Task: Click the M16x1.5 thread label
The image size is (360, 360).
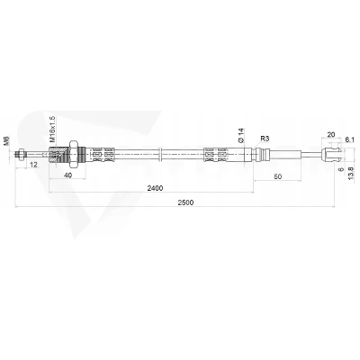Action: coord(52,129)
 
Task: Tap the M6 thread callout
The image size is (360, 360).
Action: coord(6,141)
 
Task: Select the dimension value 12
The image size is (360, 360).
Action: coord(34,165)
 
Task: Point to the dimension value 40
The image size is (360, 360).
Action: coord(68,175)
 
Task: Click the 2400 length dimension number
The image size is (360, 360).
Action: coord(155,188)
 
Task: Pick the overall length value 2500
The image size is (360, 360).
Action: coord(185,202)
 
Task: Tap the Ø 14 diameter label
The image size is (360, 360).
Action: coord(241,135)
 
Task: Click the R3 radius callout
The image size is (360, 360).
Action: coord(265,139)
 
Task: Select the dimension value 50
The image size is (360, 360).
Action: coord(278,176)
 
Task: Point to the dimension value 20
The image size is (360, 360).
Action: coord(331,134)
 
